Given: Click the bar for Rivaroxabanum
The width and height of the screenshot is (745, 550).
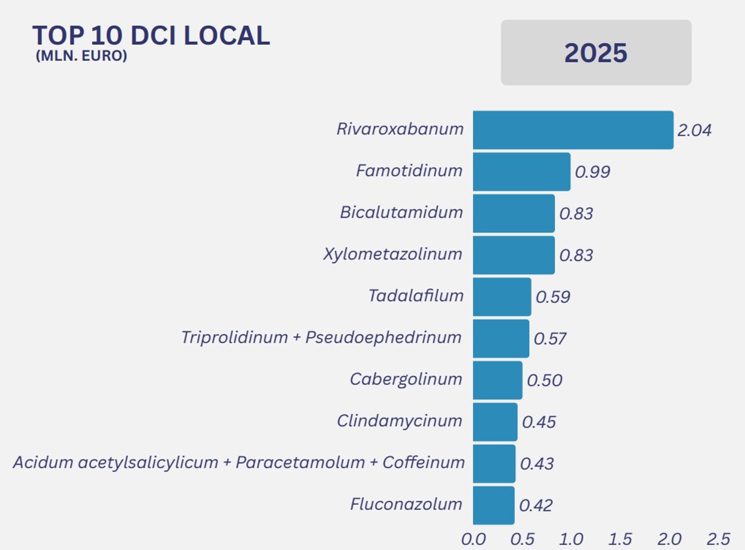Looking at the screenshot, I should (x=573, y=130).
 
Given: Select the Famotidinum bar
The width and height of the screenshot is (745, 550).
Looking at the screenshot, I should (x=521, y=172).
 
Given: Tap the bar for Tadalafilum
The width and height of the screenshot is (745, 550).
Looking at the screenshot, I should (x=502, y=297).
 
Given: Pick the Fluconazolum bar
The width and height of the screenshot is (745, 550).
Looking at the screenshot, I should (x=494, y=505).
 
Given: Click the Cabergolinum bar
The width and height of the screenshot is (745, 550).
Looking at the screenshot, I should (x=497, y=380).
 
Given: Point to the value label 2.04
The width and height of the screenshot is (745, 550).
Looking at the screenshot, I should (x=694, y=130).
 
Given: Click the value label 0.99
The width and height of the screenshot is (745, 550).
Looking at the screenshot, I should (x=593, y=172).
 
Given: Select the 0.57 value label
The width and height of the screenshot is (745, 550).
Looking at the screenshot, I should (x=550, y=339).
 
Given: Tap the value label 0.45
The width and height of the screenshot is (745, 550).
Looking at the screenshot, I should (x=539, y=422).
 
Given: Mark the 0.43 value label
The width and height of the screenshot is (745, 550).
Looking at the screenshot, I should (x=537, y=464).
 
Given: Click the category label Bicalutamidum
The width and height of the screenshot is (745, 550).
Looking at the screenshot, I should (x=402, y=212).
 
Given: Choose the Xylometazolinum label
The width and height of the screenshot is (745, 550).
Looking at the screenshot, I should (x=393, y=254).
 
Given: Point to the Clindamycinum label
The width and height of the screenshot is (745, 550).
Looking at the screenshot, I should (x=400, y=421).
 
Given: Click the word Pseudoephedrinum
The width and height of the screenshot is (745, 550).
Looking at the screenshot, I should (x=384, y=338).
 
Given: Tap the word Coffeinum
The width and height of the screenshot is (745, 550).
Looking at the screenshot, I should (x=424, y=463).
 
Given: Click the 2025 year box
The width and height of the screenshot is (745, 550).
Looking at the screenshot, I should (x=596, y=53).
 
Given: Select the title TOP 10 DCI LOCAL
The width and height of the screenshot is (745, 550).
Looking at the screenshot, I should (x=151, y=36).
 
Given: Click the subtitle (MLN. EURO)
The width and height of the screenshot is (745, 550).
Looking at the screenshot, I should (x=81, y=57).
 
